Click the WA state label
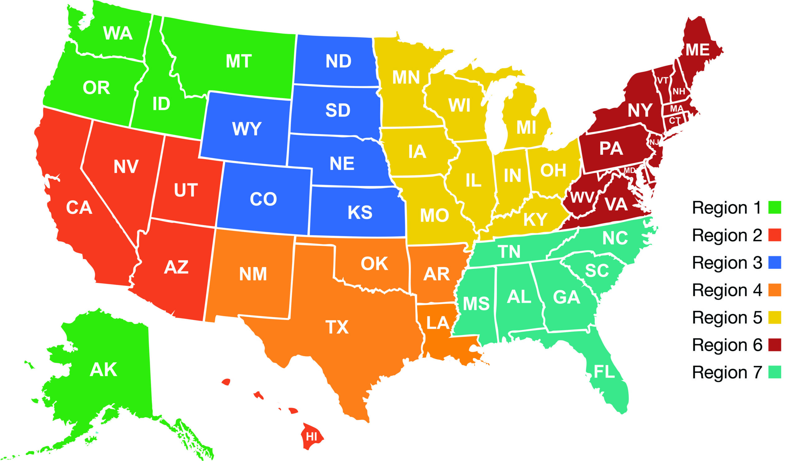pyautogui.click(x=118, y=33)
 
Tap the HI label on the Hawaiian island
pyautogui.click(x=312, y=437)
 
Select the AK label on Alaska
pyautogui.click(x=103, y=369)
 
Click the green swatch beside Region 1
pyautogui.click(x=775, y=207)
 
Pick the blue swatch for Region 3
pyautogui.click(x=775, y=262)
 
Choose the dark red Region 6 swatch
pyautogui.click(x=775, y=345)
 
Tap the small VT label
pyautogui.click(x=663, y=81)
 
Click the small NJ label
pyautogui.click(x=654, y=142)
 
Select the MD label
pyautogui.click(x=629, y=171)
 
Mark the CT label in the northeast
pyautogui.click(x=674, y=121)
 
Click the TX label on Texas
pyautogui.click(x=337, y=327)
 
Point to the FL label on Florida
pyautogui.click(x=604, y=372)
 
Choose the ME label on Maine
pyautogui.click(x=697, y=50)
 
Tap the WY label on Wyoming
pyautogui.click(x=247, y=128)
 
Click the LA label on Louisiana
pyautogui.click(x=437, y=323)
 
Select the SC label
pyautogui.click(x=597, y=271)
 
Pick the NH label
pyautogui.click(x=678, y=92)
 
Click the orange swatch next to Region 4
pyautogui.click(x=775, y=290)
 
